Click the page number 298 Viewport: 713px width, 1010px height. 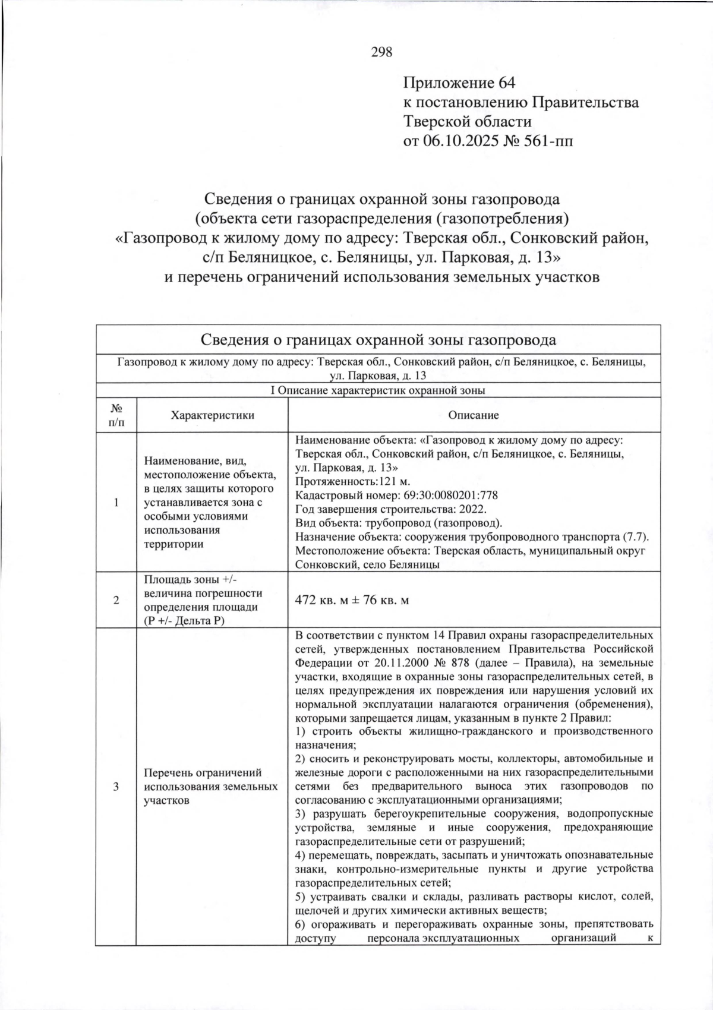coord(381,52)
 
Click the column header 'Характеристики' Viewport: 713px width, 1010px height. coord(212,415)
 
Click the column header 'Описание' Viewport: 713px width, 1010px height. coord(474,415)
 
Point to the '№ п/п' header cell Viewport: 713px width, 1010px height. coord(116,415)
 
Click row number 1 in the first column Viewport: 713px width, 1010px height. coord(116,502)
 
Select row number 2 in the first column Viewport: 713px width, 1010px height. coord(116,600)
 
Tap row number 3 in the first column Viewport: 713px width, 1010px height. coord(116,787)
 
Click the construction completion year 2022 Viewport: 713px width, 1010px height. coord(474,509)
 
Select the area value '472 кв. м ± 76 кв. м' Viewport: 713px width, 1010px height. coord(352,600)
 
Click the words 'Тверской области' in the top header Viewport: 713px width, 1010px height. coord(468,122)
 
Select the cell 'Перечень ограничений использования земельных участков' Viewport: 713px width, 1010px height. coord(211,787)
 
